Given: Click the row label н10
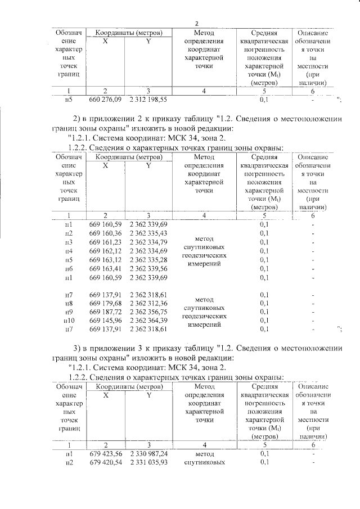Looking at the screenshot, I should pyautogui.click(x=68, y=319).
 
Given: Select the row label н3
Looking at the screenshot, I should pyautogui.click(x=69, y=242).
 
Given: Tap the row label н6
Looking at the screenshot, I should pyautogui.click(x=69, y=269).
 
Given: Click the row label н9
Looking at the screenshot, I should pyautogui.click(x=69, y=312).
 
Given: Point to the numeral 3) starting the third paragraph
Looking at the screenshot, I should pyautogui.click(x=78, y=345).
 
